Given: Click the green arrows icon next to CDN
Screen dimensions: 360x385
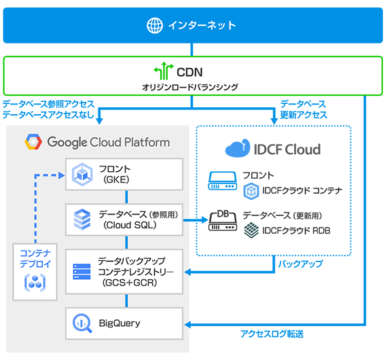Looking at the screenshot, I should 160,71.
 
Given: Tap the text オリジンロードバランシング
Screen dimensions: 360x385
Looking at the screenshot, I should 192,87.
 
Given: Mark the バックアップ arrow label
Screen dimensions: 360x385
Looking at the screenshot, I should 299,264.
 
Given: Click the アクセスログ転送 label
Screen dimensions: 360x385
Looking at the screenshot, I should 272,334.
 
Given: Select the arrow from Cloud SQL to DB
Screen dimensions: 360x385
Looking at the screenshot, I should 195,220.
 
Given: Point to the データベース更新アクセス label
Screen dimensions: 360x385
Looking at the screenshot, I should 303,109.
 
